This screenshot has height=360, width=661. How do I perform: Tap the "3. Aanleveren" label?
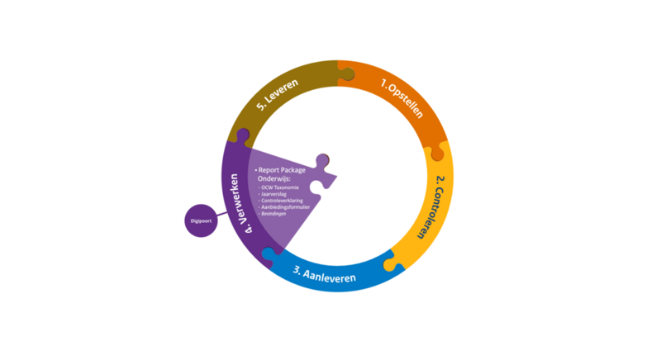click(326, 275)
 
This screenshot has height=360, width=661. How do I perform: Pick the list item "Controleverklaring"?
click(284, 201)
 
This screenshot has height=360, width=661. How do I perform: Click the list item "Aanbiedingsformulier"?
click(287, 207)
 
